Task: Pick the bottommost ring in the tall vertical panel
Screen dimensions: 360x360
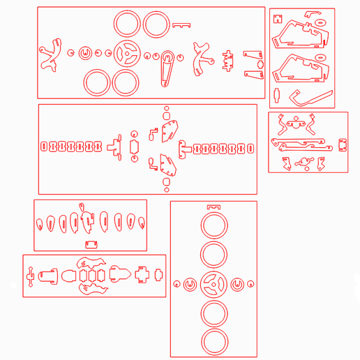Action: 213,342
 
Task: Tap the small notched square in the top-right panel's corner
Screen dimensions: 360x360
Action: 276,19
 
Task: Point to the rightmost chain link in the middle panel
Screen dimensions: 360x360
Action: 250,148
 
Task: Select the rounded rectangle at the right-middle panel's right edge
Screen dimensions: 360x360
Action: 343,144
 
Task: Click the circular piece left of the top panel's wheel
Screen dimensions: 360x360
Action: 86,53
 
